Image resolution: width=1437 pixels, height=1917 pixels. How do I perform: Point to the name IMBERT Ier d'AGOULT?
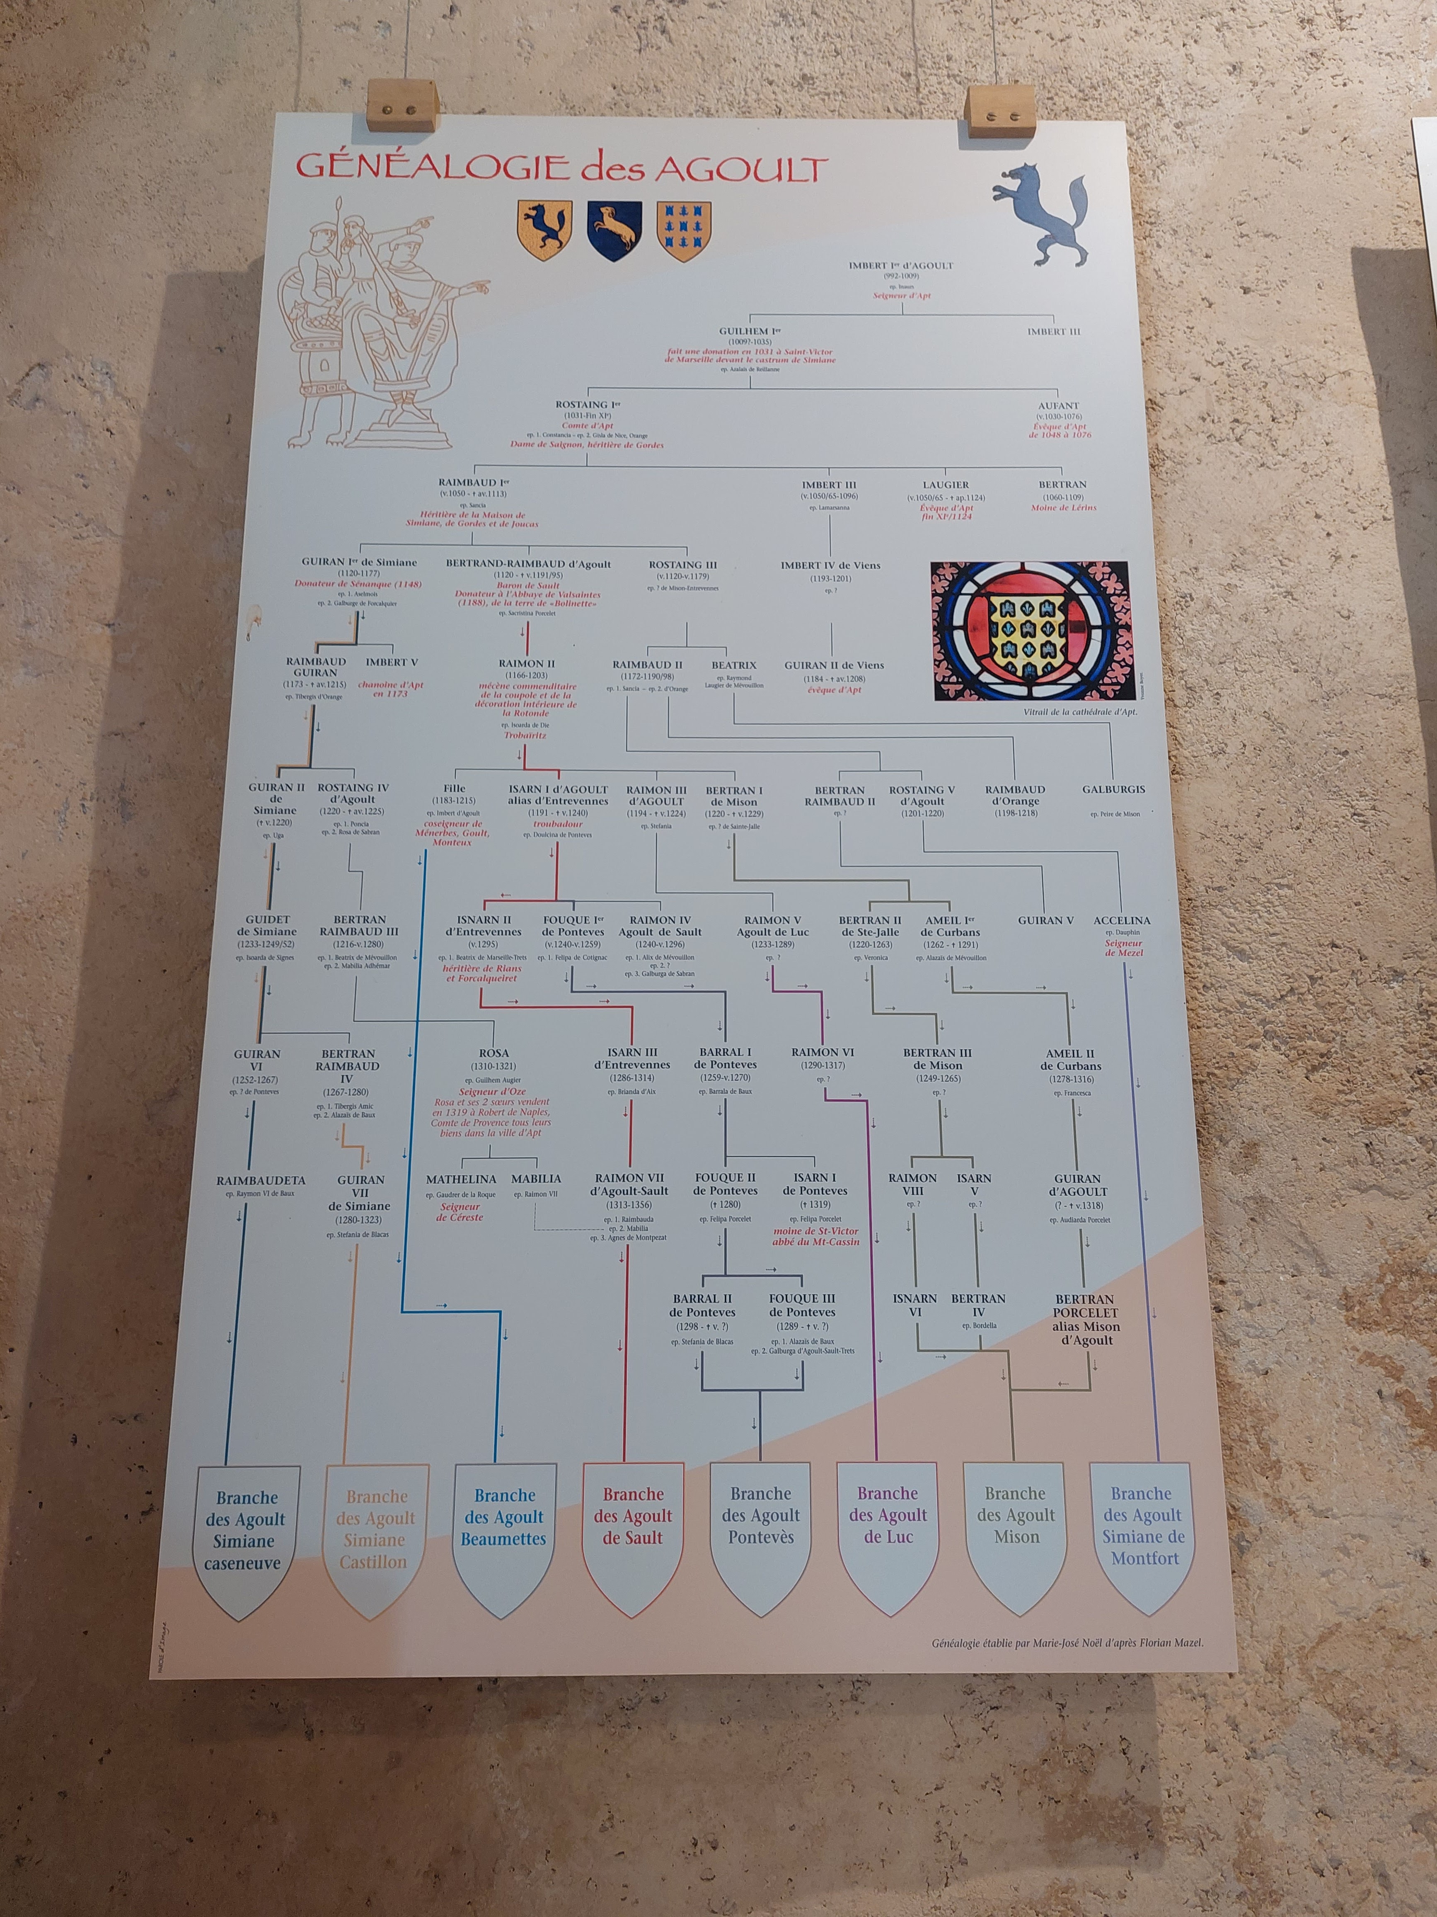[x=901, y=266]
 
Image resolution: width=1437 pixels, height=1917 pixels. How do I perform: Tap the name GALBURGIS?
[x=1113, y=789]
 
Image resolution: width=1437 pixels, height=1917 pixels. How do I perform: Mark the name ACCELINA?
[x=1122, y=920]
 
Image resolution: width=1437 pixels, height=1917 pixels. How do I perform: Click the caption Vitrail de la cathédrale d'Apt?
[x=1079, y=711]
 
